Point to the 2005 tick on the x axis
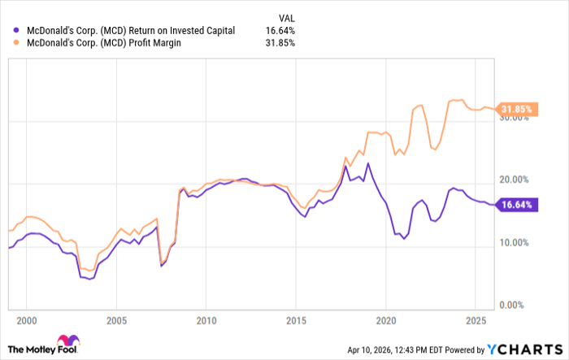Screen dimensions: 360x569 [116, 319]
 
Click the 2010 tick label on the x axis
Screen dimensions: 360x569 [206, 319]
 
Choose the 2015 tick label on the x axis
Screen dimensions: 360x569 [296, 319]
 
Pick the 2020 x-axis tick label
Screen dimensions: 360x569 [386, 319]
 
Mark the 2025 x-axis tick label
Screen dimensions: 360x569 [476, 319]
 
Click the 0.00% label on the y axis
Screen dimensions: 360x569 [516, 305]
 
